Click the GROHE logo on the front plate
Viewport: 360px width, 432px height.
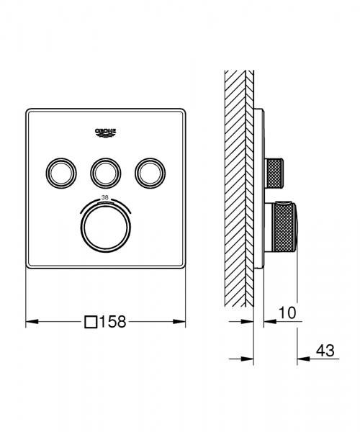tap(105, 132)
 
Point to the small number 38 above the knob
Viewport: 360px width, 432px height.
tap(105, 197)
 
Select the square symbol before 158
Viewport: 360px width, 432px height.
tap(91, 322)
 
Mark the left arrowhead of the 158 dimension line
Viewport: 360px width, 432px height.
tap(30, 322)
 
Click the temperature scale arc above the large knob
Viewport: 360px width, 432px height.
tap(105, 203)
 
